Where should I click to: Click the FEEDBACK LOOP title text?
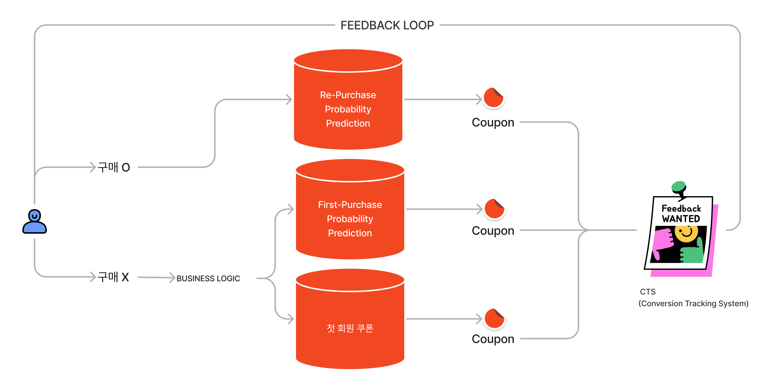pos(387,25)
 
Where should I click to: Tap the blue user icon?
pos(35,222)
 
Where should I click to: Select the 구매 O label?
pos(114,168)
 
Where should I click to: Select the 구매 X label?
pos(113,277)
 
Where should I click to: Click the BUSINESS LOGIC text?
pos(208,278)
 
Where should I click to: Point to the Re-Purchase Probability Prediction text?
pos(348,109)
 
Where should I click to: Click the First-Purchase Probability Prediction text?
pos(350,219)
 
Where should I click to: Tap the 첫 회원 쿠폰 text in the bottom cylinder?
pos(350,328)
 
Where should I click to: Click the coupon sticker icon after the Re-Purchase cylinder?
pos(494,98)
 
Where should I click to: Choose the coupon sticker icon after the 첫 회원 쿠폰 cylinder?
pos(494,318)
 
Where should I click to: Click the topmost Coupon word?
pos(493,122)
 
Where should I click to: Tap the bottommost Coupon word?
pos(493,339)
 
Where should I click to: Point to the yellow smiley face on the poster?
pos(686,233)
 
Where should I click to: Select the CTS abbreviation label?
pos(648,292)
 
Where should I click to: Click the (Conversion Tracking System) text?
pos(693,304)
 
